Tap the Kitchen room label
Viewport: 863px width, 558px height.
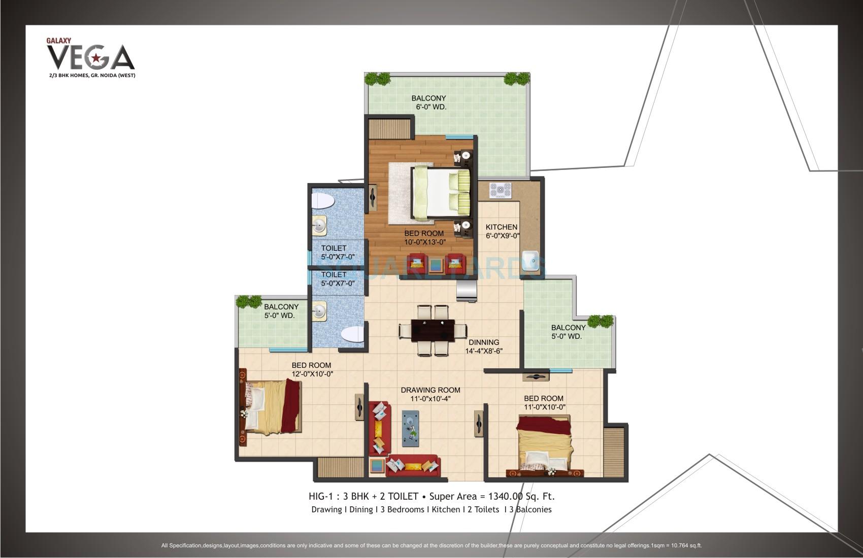point(501,231)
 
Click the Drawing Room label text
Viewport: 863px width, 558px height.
point(430,390)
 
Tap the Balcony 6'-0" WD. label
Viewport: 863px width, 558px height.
point(429,102)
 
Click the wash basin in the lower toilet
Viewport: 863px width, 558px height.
point(319,311)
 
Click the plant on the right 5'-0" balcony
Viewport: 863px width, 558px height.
point(600,321)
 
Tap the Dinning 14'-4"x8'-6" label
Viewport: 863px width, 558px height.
point(484,346)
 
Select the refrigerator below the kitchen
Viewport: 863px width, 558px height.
point(467,290)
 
